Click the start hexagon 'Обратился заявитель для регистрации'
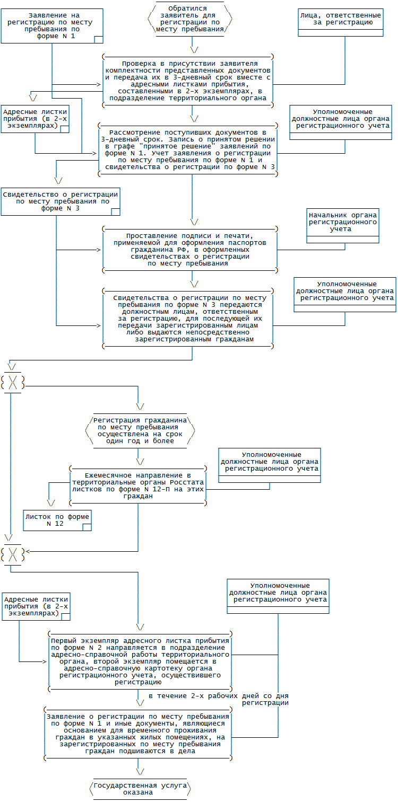[x=190, y=19]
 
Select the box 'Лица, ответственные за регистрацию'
[x=341, y=23]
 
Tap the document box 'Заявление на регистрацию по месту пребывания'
[x=52, y=26]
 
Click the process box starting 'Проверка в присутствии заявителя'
[x=188, y=81]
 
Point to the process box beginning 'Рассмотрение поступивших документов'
[x=188, y=149]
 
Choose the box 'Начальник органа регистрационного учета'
[x=343, y=226]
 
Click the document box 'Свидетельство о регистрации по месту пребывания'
[x=60, y=201]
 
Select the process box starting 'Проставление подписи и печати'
[x=190, y=250]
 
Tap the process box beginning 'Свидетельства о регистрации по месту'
[x=188, y=319]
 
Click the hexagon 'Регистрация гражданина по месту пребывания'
[x=140, y=430]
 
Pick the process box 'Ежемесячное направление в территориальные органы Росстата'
[x=138, y=486]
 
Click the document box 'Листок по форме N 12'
[x=57, y=520]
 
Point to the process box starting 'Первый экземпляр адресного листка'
[x=140, y=661]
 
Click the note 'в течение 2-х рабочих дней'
[x=219, y=699]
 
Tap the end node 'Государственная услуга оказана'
[x=140, y=789]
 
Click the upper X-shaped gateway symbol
[x=13, y=383]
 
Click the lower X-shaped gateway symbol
[x=13, y=554]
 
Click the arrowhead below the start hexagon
[x=194, y=50]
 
